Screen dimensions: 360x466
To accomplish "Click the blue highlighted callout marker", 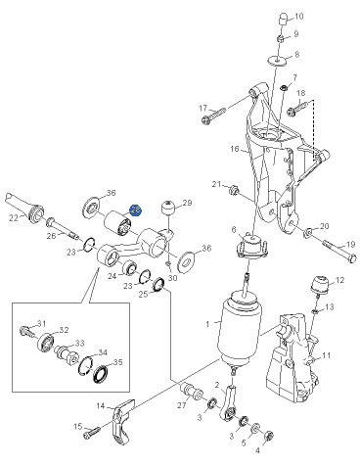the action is [135, 210].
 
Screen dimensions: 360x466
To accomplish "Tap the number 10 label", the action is [299, 16].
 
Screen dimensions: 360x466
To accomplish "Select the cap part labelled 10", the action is [285, 19].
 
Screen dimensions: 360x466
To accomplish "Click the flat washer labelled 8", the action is [277, 61].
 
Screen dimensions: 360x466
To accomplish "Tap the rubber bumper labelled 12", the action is [320, 285].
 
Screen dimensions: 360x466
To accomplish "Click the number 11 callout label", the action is [327, 355].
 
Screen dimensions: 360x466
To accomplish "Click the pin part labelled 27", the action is [191, 390].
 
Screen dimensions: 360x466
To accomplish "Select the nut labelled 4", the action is [269, 436].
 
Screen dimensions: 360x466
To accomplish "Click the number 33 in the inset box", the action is [80, 344].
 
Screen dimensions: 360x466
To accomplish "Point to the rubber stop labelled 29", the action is [168, 208].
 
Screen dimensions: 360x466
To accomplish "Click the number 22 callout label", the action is [14, 218].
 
